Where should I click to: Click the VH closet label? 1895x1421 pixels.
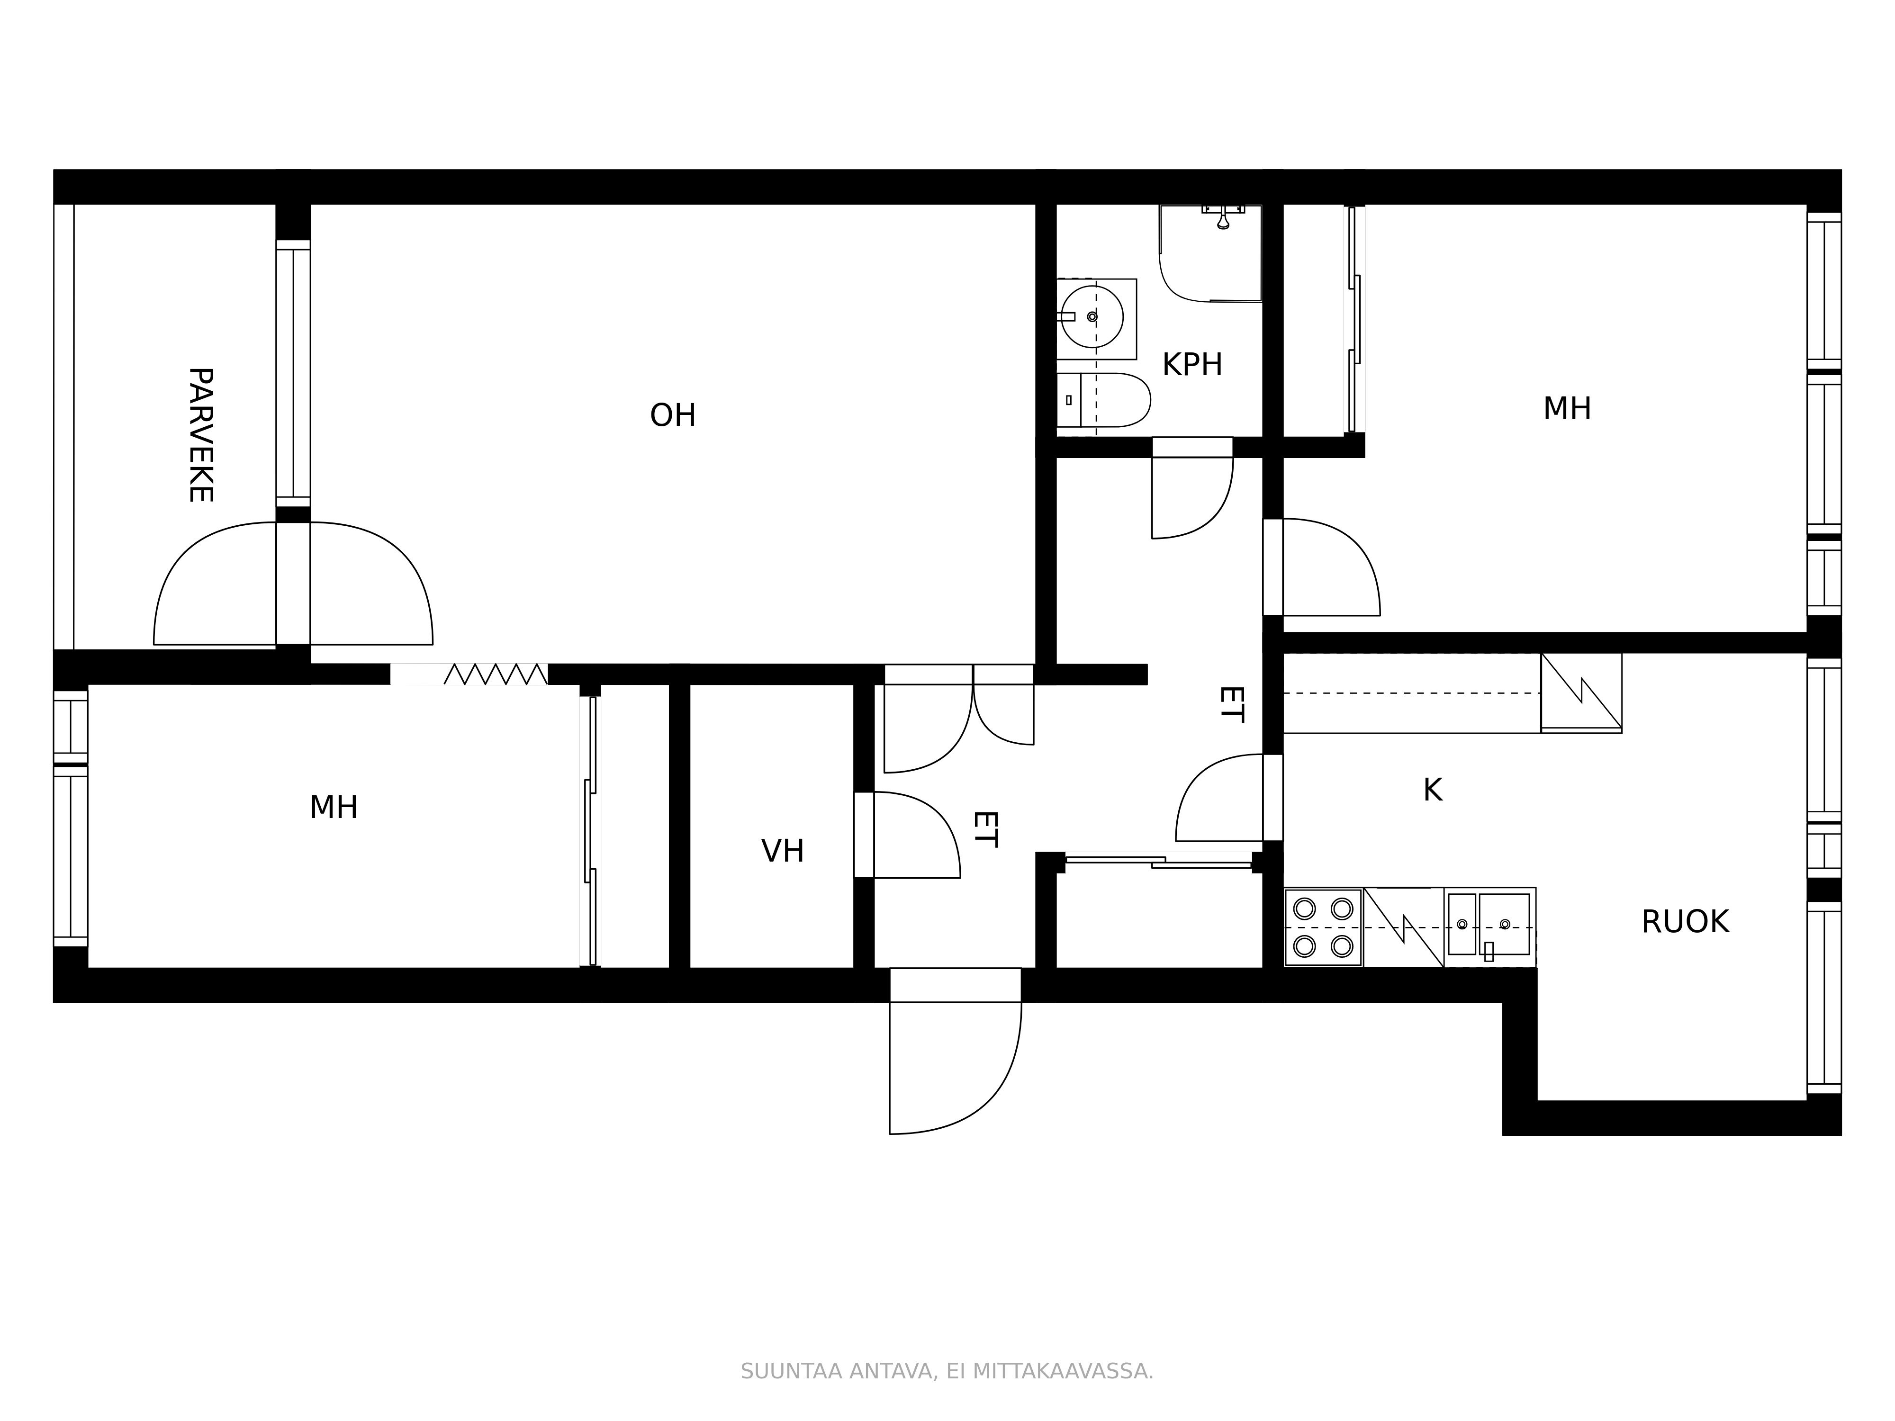click(782, 851)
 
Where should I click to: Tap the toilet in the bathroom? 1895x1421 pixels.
click(1103, 400)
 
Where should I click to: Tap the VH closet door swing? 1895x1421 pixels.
click(917, 835)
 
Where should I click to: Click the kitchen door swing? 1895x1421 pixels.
click(1219, 798)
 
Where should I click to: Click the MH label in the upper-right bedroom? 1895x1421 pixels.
click(1567, 409)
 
